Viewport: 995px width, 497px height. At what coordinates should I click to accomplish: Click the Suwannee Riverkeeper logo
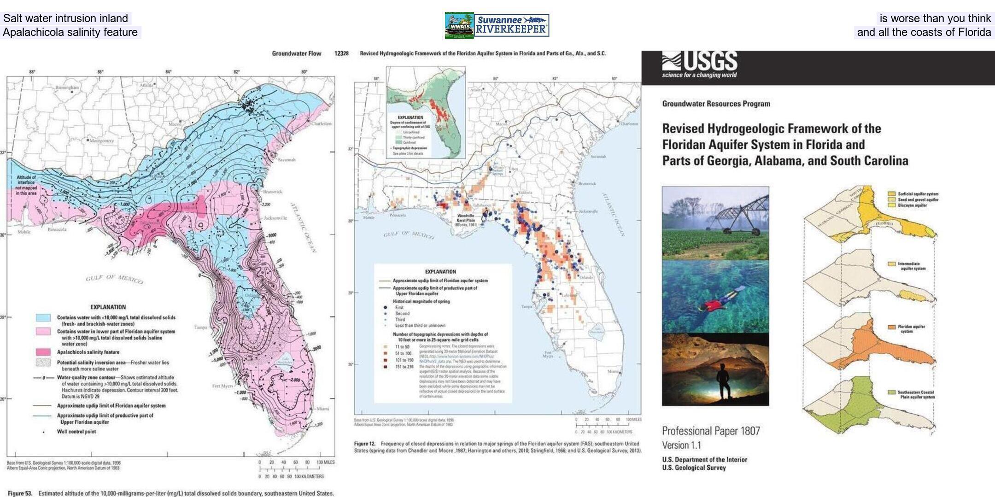(x=511, y=25)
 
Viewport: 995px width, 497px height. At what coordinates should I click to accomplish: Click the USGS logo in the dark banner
(x=700, y=64)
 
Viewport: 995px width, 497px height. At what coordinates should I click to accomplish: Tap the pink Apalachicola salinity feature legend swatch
(x=43, y=352)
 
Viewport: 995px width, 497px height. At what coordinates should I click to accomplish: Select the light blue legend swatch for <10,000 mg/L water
(x=43, y=318)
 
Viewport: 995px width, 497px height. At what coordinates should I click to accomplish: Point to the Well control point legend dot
(x=44, y=432)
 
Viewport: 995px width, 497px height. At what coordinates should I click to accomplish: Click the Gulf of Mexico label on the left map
(x=114, y=279)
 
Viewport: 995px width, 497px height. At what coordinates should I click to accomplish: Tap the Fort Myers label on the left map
(x=222, y=386)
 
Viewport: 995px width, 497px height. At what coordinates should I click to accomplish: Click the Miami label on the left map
(x=322, y=409)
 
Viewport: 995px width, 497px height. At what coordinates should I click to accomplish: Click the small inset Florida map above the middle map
(x=426, y=113)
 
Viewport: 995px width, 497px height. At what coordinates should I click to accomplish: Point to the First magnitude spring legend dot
(x=385, y=307)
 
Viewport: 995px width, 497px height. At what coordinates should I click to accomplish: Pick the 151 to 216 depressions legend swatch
(x=385, y=367)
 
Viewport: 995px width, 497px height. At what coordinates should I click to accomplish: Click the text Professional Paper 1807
(x=711, y=431)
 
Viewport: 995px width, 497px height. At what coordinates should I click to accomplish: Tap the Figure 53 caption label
(x=19, y=493)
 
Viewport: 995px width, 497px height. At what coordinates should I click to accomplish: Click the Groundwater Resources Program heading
(x=716, y=104)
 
